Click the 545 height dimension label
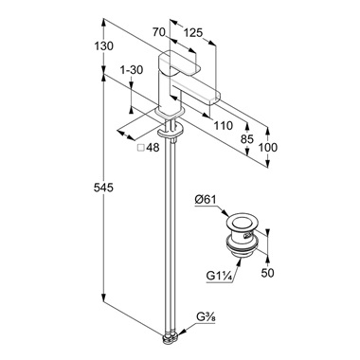pos(103,188)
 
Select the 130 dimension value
pos(103,46)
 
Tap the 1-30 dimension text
pos(132,70)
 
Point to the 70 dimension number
pos(159,32)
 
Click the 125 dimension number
pos(192,32)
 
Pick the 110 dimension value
pos(223,126)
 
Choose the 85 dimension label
pos(247,138)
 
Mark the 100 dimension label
pos(268,147)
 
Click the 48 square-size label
pos(153,148)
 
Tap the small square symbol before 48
pos(141,148)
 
